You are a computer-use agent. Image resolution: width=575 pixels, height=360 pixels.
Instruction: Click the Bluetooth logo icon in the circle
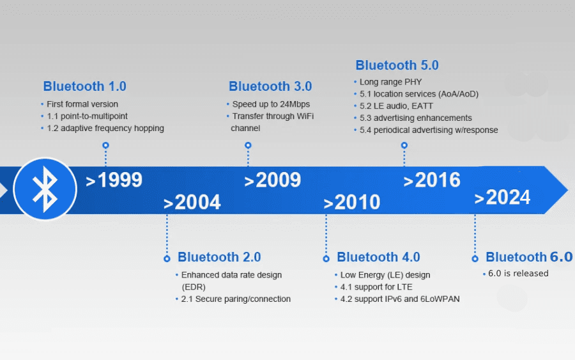(x=45, y=189)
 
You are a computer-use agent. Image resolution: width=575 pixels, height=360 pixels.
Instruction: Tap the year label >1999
(x=114, y=180)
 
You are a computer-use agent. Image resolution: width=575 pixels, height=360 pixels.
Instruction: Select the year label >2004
(x=192, y=203)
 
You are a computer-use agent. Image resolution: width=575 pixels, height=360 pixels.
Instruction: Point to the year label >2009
(x=273, y=180)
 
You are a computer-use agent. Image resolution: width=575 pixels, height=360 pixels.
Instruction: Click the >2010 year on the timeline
(x=352, y=203)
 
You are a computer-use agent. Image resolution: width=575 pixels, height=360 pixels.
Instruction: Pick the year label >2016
(x=432, y=180)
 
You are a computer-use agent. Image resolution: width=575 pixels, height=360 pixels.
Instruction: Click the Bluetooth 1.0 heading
(x=84, y=86)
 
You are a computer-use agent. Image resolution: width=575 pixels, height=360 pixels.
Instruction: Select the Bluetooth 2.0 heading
(x=219, y=257)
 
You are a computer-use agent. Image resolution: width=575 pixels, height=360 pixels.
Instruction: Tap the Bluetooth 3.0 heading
(x=270, y=86)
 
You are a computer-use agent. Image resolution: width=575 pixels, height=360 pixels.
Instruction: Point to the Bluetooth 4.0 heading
(x=378, y=257)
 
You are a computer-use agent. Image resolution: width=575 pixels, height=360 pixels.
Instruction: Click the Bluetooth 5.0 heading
(x=397, y=65)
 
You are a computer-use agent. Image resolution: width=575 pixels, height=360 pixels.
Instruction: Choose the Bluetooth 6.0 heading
(x=529, y=257)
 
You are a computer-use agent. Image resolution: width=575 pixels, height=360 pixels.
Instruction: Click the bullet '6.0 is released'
(x=518, y=274)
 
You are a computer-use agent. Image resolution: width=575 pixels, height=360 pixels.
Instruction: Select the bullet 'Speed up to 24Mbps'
(x=271, y=104)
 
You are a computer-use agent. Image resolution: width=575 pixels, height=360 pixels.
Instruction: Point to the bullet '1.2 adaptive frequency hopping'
(x=105, y=128)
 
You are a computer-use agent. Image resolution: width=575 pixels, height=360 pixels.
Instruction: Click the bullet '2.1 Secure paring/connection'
(x=236, y=299)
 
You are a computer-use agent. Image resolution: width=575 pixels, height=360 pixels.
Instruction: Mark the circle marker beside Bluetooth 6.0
(x=475, y=258)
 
